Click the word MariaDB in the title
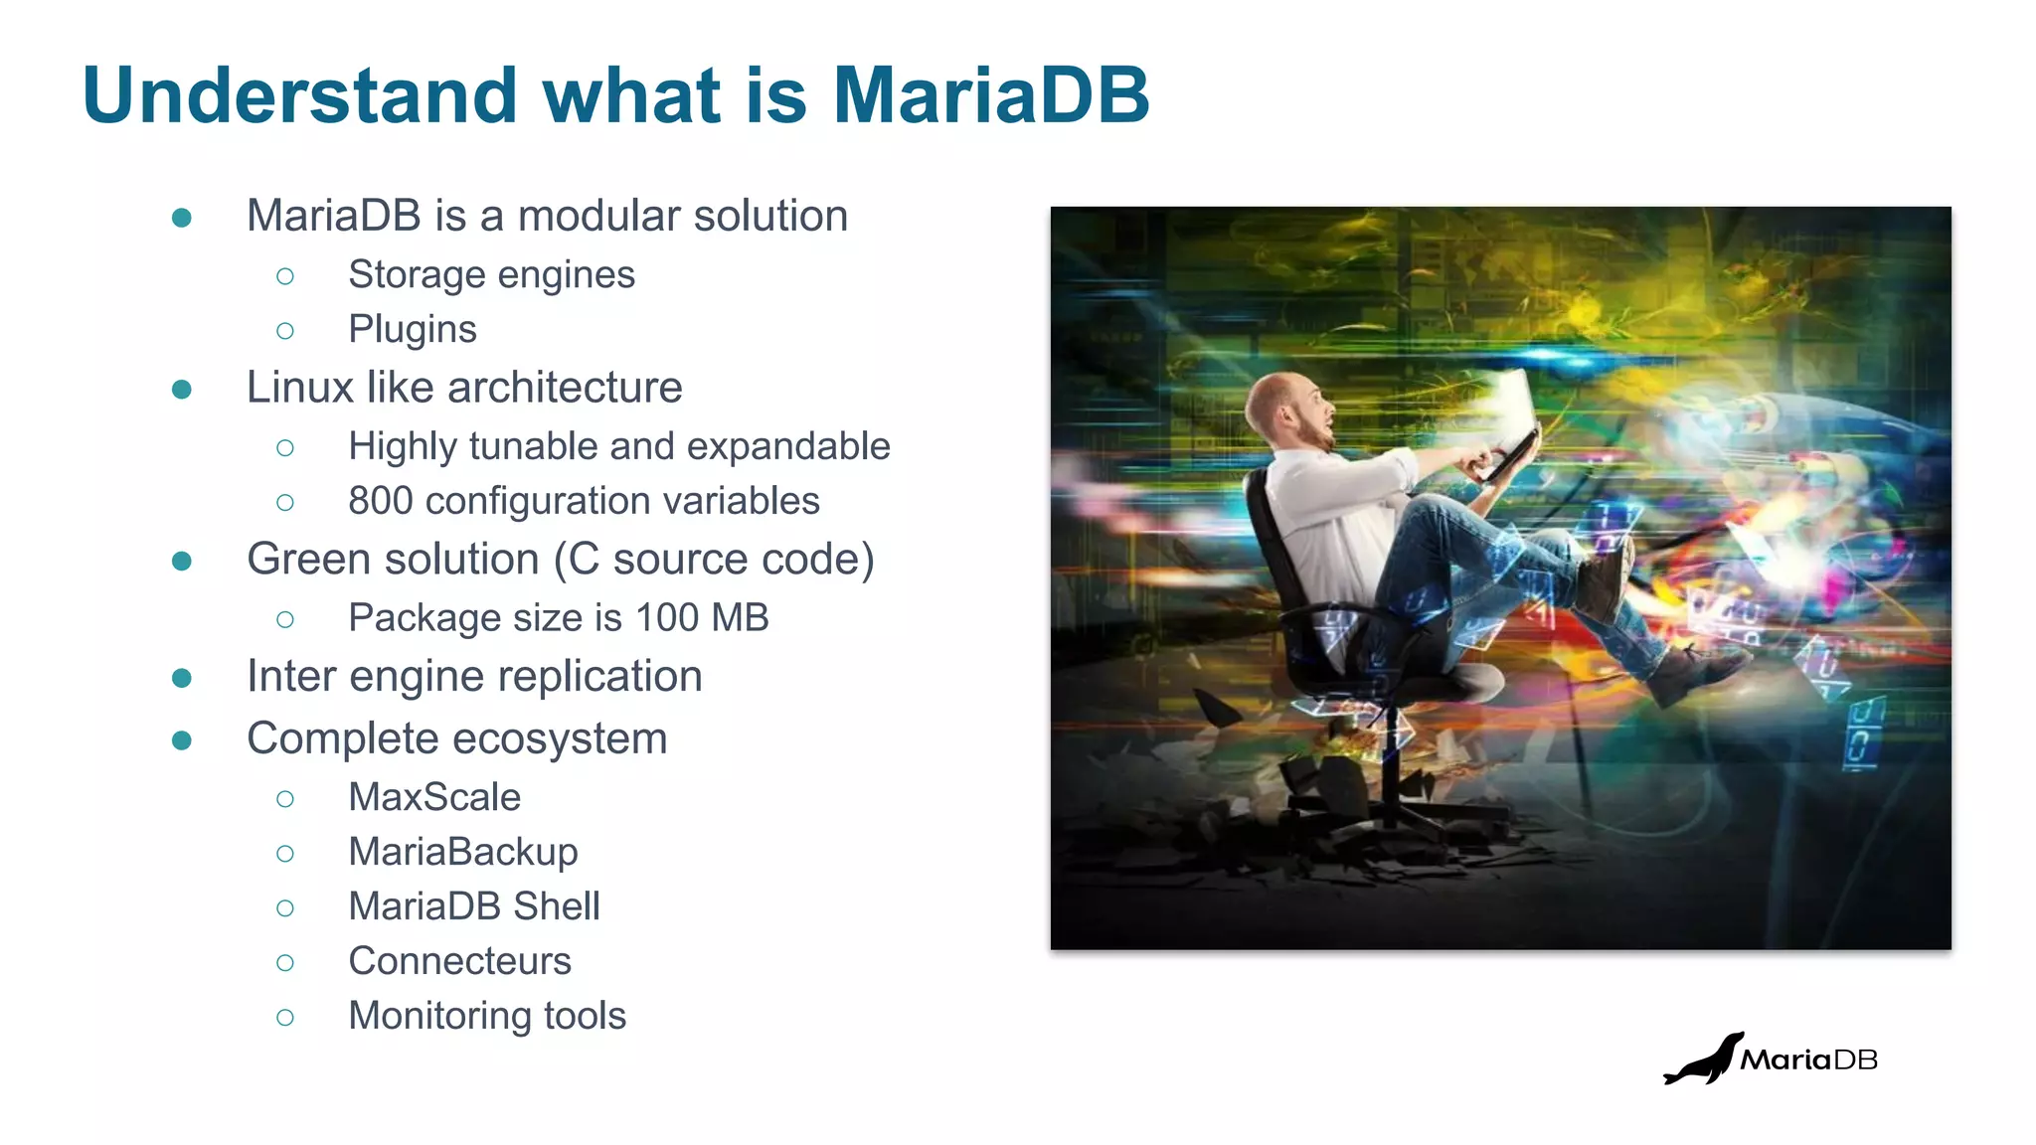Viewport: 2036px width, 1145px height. [x=990, y=95]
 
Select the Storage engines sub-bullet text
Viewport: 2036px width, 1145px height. [x=491, y=274]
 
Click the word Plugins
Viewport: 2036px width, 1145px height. [x=412, y=329]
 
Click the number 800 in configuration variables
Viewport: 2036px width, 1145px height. [x=380, y=501]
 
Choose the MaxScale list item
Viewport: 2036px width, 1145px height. [x=434, y=797]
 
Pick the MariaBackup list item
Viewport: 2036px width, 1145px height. [x=462, y=852]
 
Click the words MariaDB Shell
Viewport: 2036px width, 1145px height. [x=474, y=906]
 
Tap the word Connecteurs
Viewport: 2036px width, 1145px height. [x=459, y=961]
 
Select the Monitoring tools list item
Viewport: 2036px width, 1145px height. [x=487, y=1016]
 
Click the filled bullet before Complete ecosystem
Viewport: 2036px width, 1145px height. [x=182, y=740]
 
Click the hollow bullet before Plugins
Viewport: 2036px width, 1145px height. [x=285, y=331]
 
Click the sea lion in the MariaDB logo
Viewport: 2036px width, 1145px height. [x=1702, y=1062]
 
